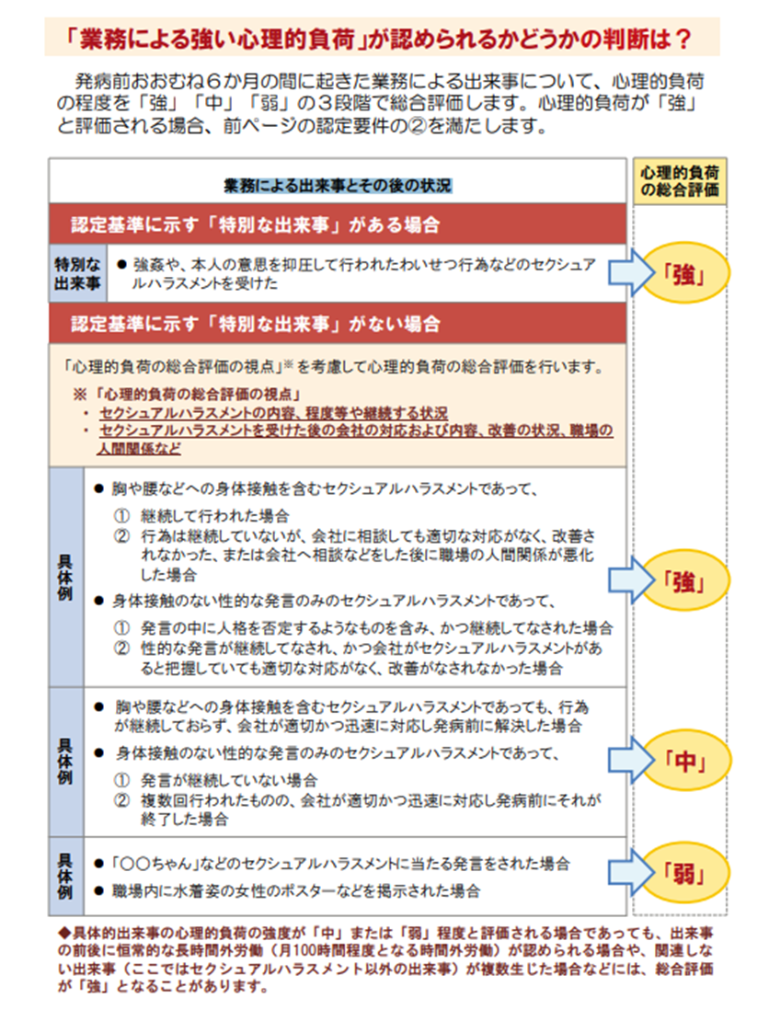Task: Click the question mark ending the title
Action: (682, 40)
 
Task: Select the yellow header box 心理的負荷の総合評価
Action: (680, 181)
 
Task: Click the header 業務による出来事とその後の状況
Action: (338, 186)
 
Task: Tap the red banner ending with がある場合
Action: (338, 224)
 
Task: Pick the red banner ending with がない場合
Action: (338, 324)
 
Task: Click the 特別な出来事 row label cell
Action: (78, 274)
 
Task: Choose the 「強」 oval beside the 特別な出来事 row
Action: (685, 274)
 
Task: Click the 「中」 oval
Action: (685, 761)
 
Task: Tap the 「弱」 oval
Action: (685, 873)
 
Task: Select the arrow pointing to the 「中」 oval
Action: (631, 760)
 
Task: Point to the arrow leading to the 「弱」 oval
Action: (631, 872)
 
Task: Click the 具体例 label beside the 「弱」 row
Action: (65, 876)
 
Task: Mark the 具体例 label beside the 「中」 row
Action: (65, 762)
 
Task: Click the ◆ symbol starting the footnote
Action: (63, 933)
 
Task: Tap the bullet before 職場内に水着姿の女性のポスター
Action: (98, 891)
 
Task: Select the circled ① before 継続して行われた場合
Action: (121, 516)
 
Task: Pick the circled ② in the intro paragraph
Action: (418, 125)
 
